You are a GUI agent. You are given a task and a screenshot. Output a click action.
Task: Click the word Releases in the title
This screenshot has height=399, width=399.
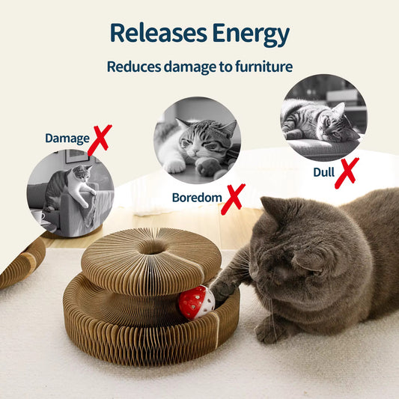pyautogui.click(x=156, y=33)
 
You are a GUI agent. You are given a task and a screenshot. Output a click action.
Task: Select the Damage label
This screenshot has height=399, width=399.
pyautogui.click(x=67, y=138)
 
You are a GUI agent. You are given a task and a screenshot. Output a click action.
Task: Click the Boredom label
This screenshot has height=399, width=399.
pyautogui.click(x=197, y=198)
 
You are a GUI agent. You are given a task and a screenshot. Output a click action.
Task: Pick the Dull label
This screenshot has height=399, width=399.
pyautogui.click(x=323, y=172)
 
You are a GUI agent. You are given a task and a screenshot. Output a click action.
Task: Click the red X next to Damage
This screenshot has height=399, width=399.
pyautogui.click(x=99, y=139)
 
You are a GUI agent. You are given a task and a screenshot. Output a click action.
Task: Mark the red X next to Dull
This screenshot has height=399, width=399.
pyautogui.click(x=346, y=172)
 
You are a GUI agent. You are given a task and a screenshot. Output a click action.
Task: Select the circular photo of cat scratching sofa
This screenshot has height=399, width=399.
pyautogui.click(x=70, y=194)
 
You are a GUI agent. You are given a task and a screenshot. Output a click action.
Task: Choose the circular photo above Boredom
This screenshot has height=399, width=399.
pyautogui.click(x=197, y=140)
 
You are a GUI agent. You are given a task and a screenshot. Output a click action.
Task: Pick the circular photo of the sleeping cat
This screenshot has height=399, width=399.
pyautogui.click(x=323, y=116)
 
